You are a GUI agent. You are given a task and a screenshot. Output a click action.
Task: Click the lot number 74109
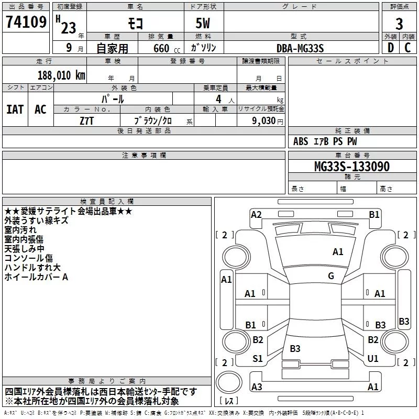[26, 22]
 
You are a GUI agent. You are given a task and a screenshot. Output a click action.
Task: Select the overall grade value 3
[399, 24]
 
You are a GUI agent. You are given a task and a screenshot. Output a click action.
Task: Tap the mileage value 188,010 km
[61, 75]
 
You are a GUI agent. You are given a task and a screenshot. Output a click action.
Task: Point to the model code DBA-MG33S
[300, 48]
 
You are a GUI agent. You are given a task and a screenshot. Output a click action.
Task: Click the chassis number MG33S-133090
[352, 166]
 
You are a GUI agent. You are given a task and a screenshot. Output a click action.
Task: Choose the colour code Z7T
[86, 121]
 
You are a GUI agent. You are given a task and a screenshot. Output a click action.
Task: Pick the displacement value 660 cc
[167, 48]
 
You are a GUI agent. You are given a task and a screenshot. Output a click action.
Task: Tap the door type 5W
[203, 23]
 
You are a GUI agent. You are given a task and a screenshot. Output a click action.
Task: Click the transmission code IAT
[15, 109]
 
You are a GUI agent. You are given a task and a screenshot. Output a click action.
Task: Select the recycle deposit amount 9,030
[264, 121]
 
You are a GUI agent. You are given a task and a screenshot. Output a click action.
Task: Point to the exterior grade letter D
[391, 48]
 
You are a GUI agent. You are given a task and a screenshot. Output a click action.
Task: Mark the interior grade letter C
[407, 48]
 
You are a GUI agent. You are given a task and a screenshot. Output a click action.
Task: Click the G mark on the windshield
[331, 276]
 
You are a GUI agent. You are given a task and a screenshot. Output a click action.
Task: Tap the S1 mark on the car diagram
[257, 359]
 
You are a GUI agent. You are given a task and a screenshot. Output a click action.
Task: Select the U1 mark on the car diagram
[373, 359]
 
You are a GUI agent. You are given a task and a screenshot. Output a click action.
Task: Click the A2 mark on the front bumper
[256, 215]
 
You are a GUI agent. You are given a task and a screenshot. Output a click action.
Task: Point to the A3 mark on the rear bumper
[257, 387]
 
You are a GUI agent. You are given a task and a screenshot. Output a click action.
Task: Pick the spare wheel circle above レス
[229, 382]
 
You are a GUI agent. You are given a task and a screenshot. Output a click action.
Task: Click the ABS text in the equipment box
[301, 141]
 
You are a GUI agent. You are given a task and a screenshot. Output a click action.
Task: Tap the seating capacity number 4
[218, 99]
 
